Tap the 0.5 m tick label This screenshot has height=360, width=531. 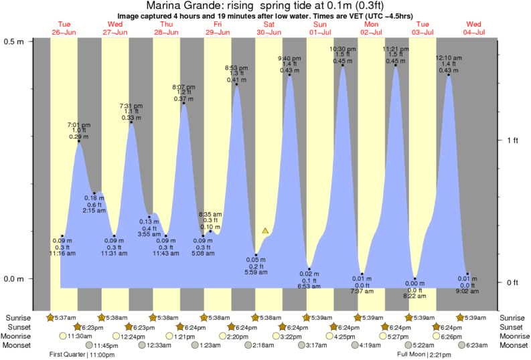13,41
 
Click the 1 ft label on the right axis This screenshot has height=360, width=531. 512,140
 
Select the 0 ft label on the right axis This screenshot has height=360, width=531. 512,282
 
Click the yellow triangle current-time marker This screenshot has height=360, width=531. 266,231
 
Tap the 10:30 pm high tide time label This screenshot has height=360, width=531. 343,49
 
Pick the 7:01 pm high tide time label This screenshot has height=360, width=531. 79,125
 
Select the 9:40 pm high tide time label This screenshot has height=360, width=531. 289,58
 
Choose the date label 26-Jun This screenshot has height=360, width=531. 64,31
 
